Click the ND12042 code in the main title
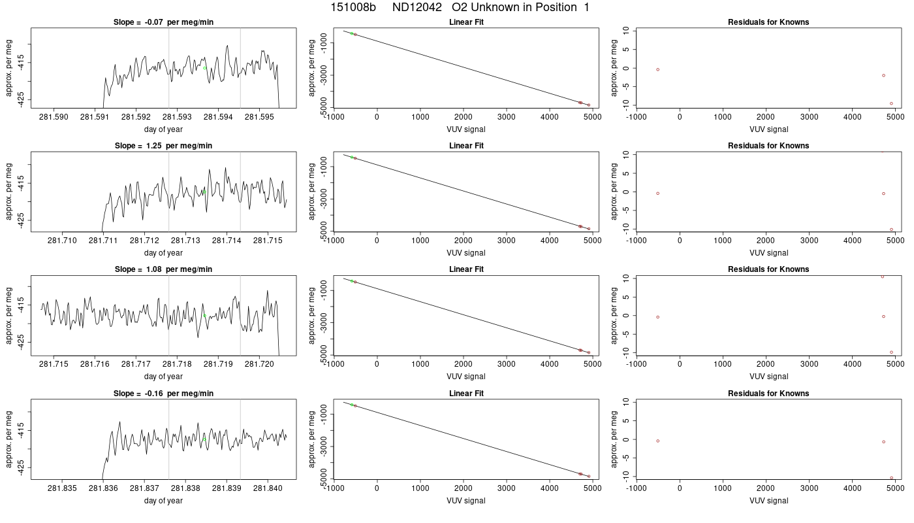pos(417,7)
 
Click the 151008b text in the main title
pos(353,7)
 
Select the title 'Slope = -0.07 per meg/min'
pos(163,22)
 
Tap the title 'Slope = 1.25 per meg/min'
pos(163,146)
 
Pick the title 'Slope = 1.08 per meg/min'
pos(163,269)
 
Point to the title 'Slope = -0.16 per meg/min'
pos(163,394)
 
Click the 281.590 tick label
pos(54,117)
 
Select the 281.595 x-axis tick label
pos(260,117)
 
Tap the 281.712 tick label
pos(144,241)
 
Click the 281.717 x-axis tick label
pos(136,364)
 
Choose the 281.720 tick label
pos(260,364)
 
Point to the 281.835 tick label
pos(62,488)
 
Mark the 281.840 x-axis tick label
pos(268,488)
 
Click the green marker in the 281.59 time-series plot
pos(204,68)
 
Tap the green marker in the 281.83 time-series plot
pos(204,439)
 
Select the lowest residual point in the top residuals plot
pos(892,103)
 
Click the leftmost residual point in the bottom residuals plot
pos(658,441)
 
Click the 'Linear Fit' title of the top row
pos(466,22)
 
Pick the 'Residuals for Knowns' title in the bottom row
pos(768,394)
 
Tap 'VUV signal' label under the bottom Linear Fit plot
pos(466,501)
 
